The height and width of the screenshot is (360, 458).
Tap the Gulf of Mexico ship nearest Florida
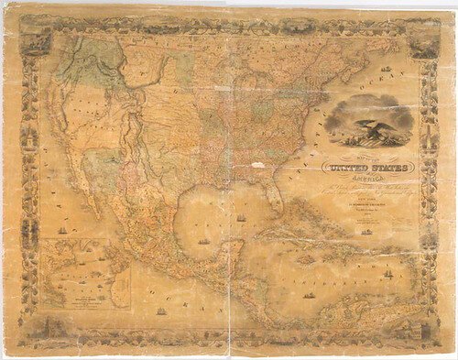(241, 218)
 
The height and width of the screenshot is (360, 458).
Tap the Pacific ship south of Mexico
(162, 311)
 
